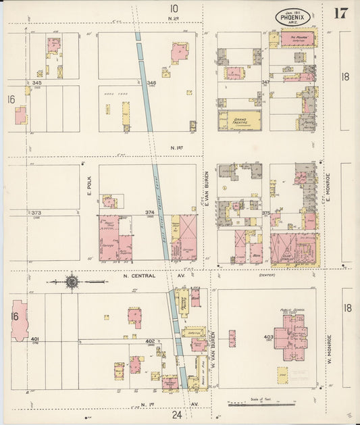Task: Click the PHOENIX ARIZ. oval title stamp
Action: tap(294, 17)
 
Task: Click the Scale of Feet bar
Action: tap(262, 405)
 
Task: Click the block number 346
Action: tap(151, 82)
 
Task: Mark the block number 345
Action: tap(36, 82)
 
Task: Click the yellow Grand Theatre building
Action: tap(240, 121)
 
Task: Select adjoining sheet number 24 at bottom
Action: tap(178, 414)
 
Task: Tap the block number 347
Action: tap(265, 82)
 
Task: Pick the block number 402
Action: tap(151, 342)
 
